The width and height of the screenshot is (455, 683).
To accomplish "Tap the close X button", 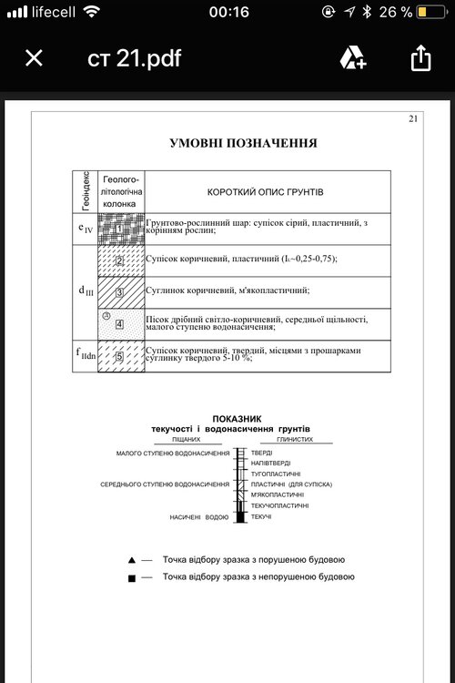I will click(34, 59).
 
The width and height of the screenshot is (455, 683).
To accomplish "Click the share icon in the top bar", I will click(420, 59).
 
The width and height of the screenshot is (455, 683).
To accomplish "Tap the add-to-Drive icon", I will click(353, 59).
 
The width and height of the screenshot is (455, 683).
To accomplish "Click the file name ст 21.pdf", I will click(134, 59).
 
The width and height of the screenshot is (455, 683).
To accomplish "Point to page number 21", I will click(413, 118).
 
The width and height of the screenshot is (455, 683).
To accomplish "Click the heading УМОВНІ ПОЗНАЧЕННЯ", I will click(243, 143).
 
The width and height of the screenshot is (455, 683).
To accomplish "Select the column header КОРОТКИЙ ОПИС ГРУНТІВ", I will click(265, 193).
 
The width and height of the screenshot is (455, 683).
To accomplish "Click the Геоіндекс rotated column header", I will click(85, 191).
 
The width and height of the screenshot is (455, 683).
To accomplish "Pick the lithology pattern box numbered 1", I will click(120, 228).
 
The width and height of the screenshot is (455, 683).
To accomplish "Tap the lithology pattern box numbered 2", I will click(120, 260).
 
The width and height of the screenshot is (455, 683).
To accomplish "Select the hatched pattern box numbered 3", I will click(120, 291).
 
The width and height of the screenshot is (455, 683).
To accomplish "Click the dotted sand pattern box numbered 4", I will click(120, 323).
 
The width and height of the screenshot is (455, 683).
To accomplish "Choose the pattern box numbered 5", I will click(120, 356).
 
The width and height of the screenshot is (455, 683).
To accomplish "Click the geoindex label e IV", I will click(85, 229).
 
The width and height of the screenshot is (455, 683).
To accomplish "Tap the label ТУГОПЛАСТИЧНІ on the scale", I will click(279, 474).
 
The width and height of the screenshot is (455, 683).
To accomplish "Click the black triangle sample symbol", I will click(132, 559).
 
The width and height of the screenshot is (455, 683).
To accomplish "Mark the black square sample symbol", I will click(132, 577).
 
